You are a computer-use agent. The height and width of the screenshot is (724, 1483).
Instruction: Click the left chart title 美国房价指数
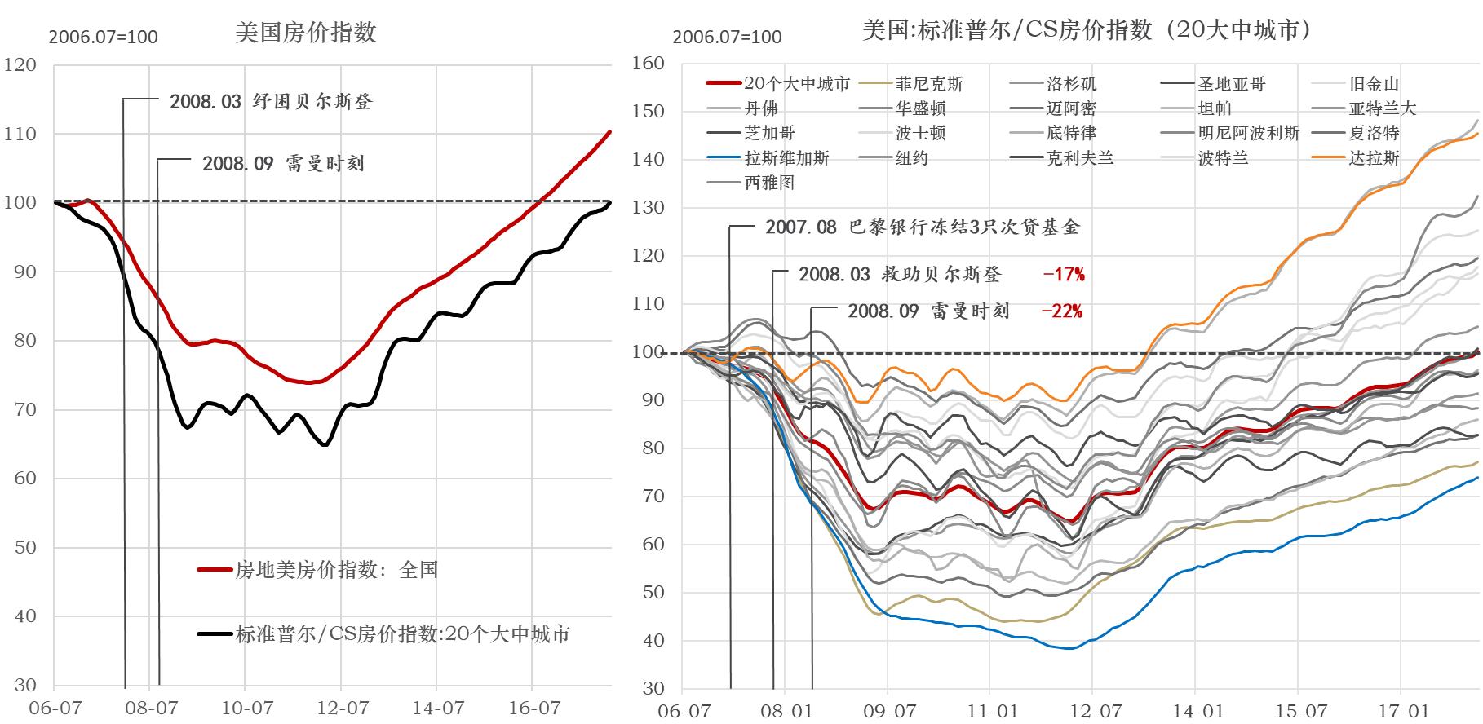pyautogui.click(x=306, y=33)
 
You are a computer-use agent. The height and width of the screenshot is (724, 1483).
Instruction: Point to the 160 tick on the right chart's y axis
pyautogui.click(x=649, y=63)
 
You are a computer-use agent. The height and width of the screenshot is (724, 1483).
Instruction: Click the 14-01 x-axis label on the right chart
pyautogui.click(x=1197, y=710)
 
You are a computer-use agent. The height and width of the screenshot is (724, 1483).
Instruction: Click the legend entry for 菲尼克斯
pyautogui.click(x=928, y=84)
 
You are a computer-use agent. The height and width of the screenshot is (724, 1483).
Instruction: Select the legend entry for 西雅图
pyautogui.click(x=768, y=183)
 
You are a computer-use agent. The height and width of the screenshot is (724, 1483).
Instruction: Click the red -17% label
pyautogui.click(x=1064, y=275)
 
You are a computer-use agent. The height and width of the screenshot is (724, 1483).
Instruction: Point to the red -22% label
pyautogui.click(x=1061, y=311)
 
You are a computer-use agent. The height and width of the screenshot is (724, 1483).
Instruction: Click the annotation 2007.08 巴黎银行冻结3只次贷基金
pyautogui.click(x=922, y=227)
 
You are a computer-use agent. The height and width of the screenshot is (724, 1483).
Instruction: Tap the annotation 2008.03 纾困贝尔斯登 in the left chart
pyautogui.click(x=271, y=101)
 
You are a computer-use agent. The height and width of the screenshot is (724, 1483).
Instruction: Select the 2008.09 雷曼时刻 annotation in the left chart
pyautogui.click(x=283, y=164)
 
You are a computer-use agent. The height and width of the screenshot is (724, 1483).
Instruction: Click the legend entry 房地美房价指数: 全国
pyautogui.click(x=336, y=570)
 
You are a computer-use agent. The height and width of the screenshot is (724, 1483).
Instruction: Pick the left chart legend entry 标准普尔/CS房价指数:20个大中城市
pyautogui.click(x=402, y=633)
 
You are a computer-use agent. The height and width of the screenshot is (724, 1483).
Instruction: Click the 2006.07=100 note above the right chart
pyautogui.click(x=727, y=37)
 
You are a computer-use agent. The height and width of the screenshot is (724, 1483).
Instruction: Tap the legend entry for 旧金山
pyautogui.click(x=1374, y=84)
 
